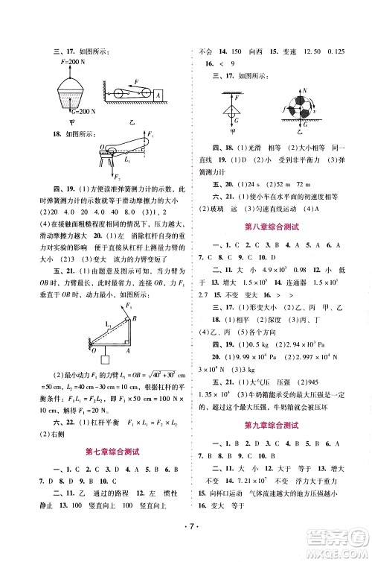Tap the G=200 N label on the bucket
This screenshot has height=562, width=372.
click(65, 110)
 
